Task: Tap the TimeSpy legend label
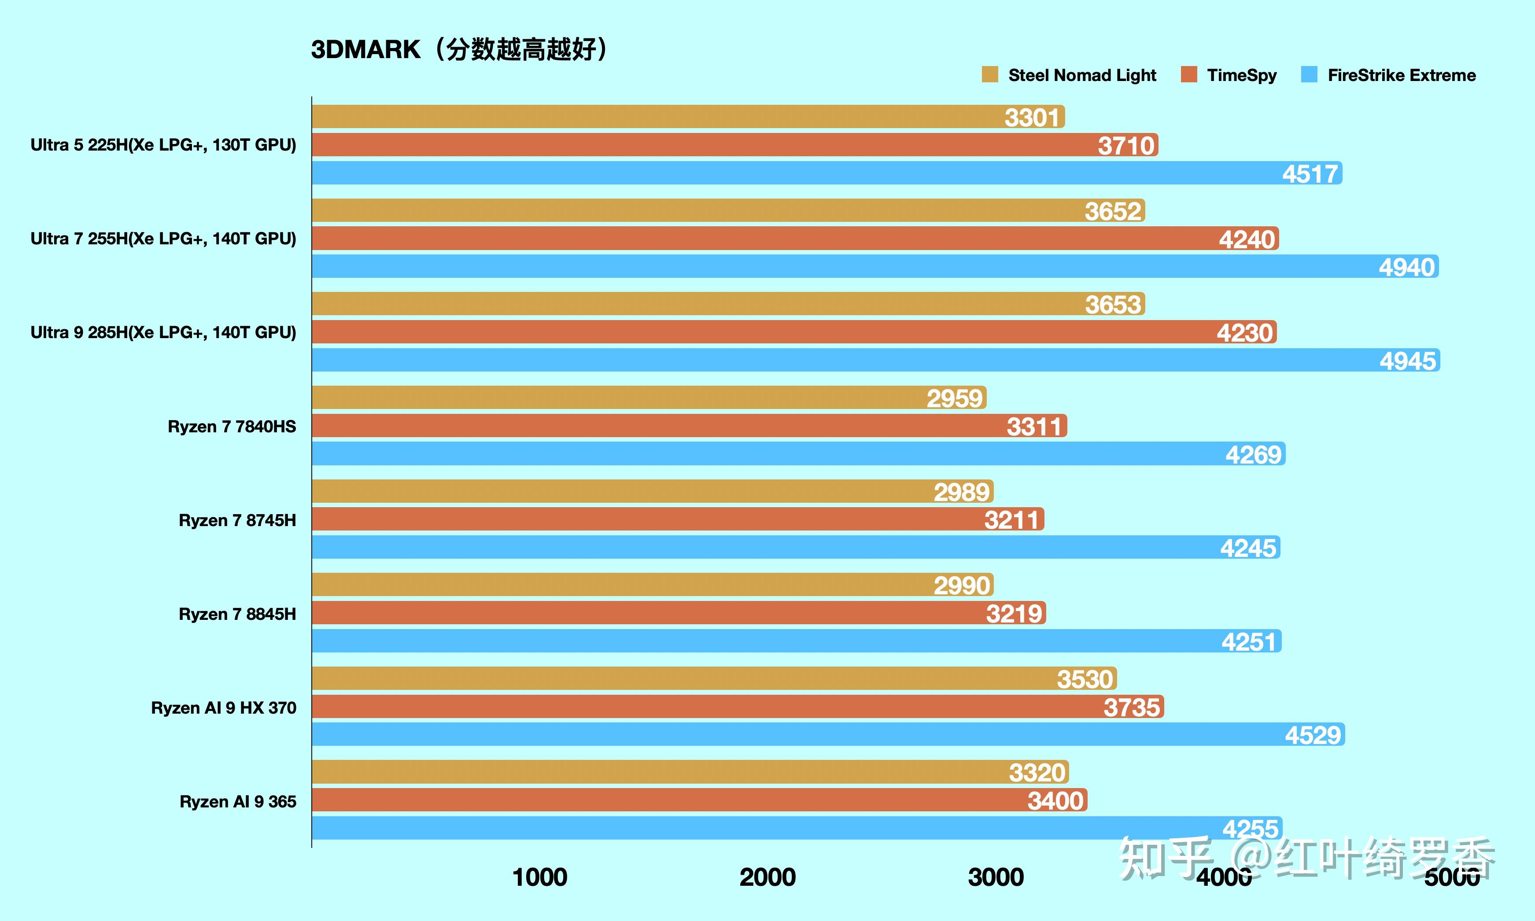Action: coord(1241,75)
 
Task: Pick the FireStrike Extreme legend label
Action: coord(1401,75)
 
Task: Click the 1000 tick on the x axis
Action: coord(539,877)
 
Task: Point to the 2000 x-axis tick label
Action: coord(767,877)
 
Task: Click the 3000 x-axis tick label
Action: coord(996,877)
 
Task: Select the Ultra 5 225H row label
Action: coord(163,144)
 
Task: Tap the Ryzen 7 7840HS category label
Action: coord(232,426)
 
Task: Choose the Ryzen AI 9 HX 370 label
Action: coord(223,707)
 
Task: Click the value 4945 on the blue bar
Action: coord(1407,361)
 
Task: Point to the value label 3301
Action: coord(1032,117)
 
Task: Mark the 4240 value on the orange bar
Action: coord(1247,239)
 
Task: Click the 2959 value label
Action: coord(955,398)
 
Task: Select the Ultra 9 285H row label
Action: coord(163,332)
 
